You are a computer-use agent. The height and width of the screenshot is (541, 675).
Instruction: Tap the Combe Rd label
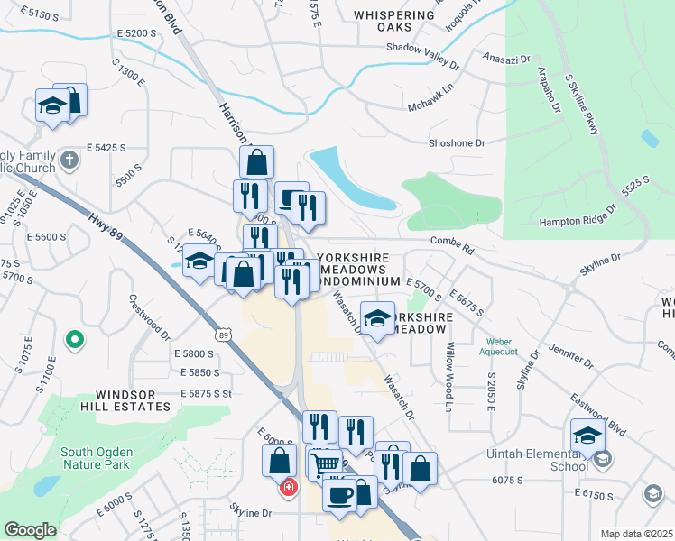(452, 241)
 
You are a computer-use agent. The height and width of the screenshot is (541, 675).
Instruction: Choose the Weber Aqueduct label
(504, 347)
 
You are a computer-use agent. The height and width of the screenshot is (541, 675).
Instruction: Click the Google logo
(30, 530)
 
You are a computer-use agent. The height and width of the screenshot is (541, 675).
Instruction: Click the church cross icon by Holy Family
(70, 160)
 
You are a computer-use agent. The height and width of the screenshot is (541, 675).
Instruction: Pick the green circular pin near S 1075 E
(76, 340)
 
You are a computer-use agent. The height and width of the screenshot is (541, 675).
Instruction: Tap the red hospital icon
(288, 488)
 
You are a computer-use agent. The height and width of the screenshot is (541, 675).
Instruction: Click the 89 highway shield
(223, 334)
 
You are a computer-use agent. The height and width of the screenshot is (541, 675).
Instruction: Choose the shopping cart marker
(324, 464)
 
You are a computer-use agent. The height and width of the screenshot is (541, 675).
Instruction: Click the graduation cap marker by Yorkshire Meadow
(377, 317)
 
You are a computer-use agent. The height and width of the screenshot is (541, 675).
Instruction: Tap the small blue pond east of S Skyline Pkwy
(650, 139)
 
